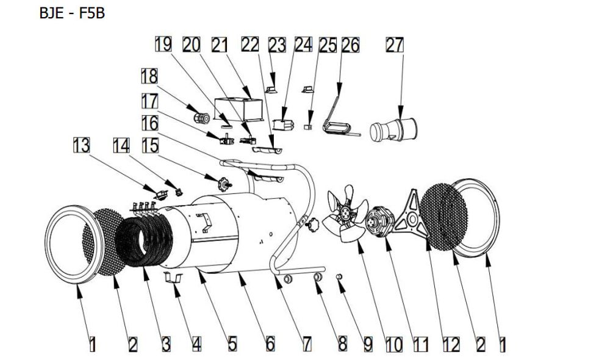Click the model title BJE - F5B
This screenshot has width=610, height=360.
(72, 13)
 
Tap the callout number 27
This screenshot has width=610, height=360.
(395, 45)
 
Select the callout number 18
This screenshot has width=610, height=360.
(148, 76)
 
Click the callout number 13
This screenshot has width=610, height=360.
(81, 145)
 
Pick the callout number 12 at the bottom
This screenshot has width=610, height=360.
(451, 344)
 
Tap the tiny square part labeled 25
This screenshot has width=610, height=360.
(309, 126)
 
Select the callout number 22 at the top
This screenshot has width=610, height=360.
(249, 45)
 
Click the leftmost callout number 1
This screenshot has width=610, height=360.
(91, 344)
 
